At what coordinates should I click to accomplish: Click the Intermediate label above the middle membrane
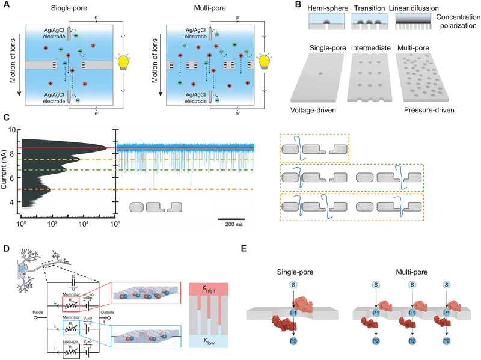click(x=369, y=47)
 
